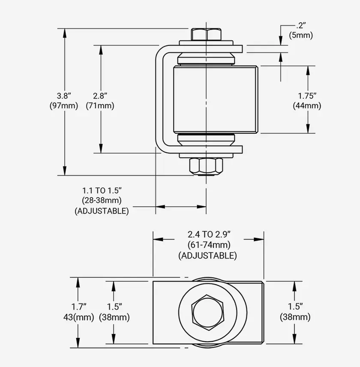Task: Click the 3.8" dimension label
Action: [64, 95]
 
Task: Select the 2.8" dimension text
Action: [100, 95]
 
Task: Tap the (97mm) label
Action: [64, 105]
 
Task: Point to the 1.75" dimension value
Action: [307, 95]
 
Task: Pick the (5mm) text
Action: [301, 35]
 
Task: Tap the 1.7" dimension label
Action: [78, 307]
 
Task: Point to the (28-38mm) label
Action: [102, 200]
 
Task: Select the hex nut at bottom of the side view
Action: [207, 165]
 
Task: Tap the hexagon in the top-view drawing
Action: [208, 313]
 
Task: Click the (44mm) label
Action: [307, 105]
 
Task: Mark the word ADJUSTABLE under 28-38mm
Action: [102, 211]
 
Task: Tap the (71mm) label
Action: [100, 105]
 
